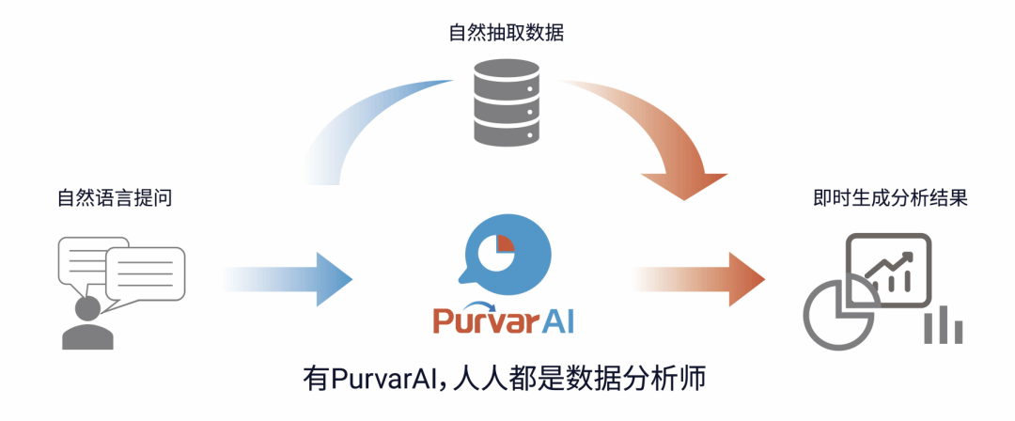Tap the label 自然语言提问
tap(116, 198)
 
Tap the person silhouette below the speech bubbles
tap(87, 324)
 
